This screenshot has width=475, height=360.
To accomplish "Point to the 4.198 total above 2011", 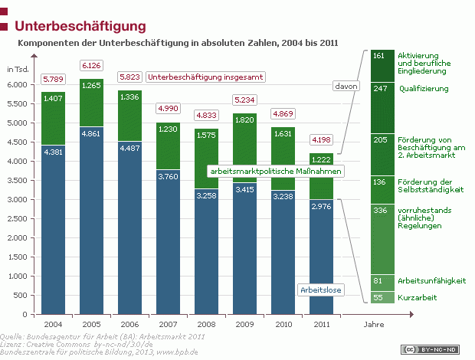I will pyautogui.click(x=321, y=139).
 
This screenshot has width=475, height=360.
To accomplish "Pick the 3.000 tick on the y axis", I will pyautogui.click(x=17, y=199).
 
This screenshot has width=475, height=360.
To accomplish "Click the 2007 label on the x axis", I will pyautogui.click(x=168, y=324).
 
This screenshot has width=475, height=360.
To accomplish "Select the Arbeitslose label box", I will pyautogui.click(x=319, y=290).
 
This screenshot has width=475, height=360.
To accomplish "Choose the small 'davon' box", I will pyautogui.click(x=345, y=86).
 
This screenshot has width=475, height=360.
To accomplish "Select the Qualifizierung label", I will pyautogui.click(x=424, y=89).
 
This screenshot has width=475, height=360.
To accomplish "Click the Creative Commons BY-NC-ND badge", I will pyautogui.click(x=438, y=349).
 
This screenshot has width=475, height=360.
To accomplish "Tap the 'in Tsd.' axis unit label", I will pyautogui.click(x=17, y=70).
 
